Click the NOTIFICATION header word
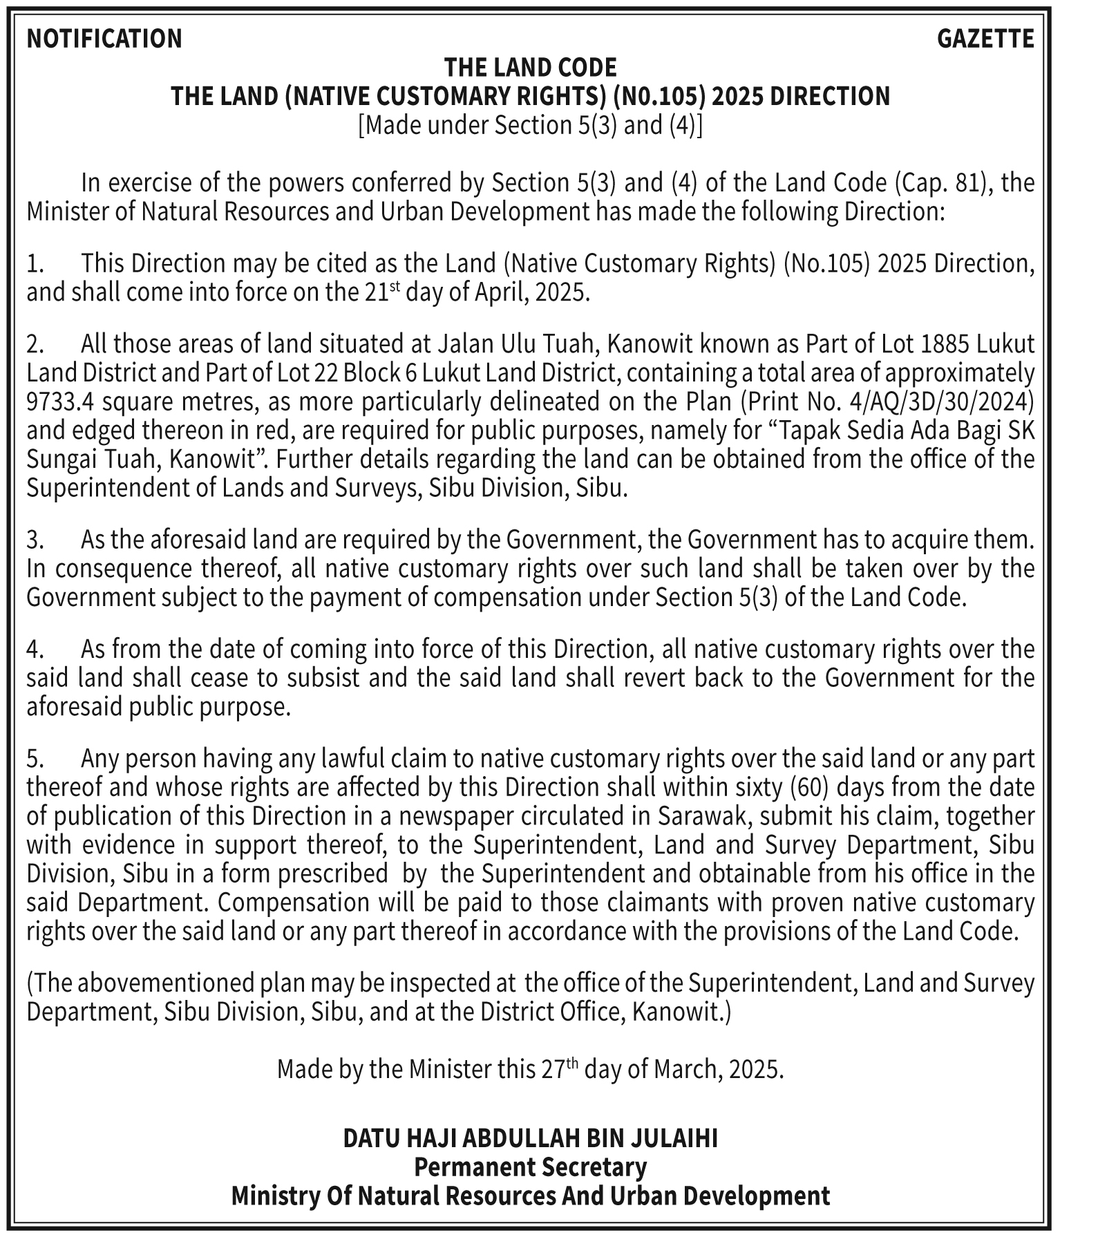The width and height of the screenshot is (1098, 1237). (104, 39)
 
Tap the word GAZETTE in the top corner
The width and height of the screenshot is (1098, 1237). (985, 39)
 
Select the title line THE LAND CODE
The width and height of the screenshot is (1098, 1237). (530, 68)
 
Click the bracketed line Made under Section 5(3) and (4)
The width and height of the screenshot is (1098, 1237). (530, 125)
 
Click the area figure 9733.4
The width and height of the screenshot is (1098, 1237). (59, 402)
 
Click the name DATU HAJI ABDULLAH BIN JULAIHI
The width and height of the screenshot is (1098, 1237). (530, 1138)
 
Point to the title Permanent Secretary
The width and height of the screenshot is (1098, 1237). (530, 1167)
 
